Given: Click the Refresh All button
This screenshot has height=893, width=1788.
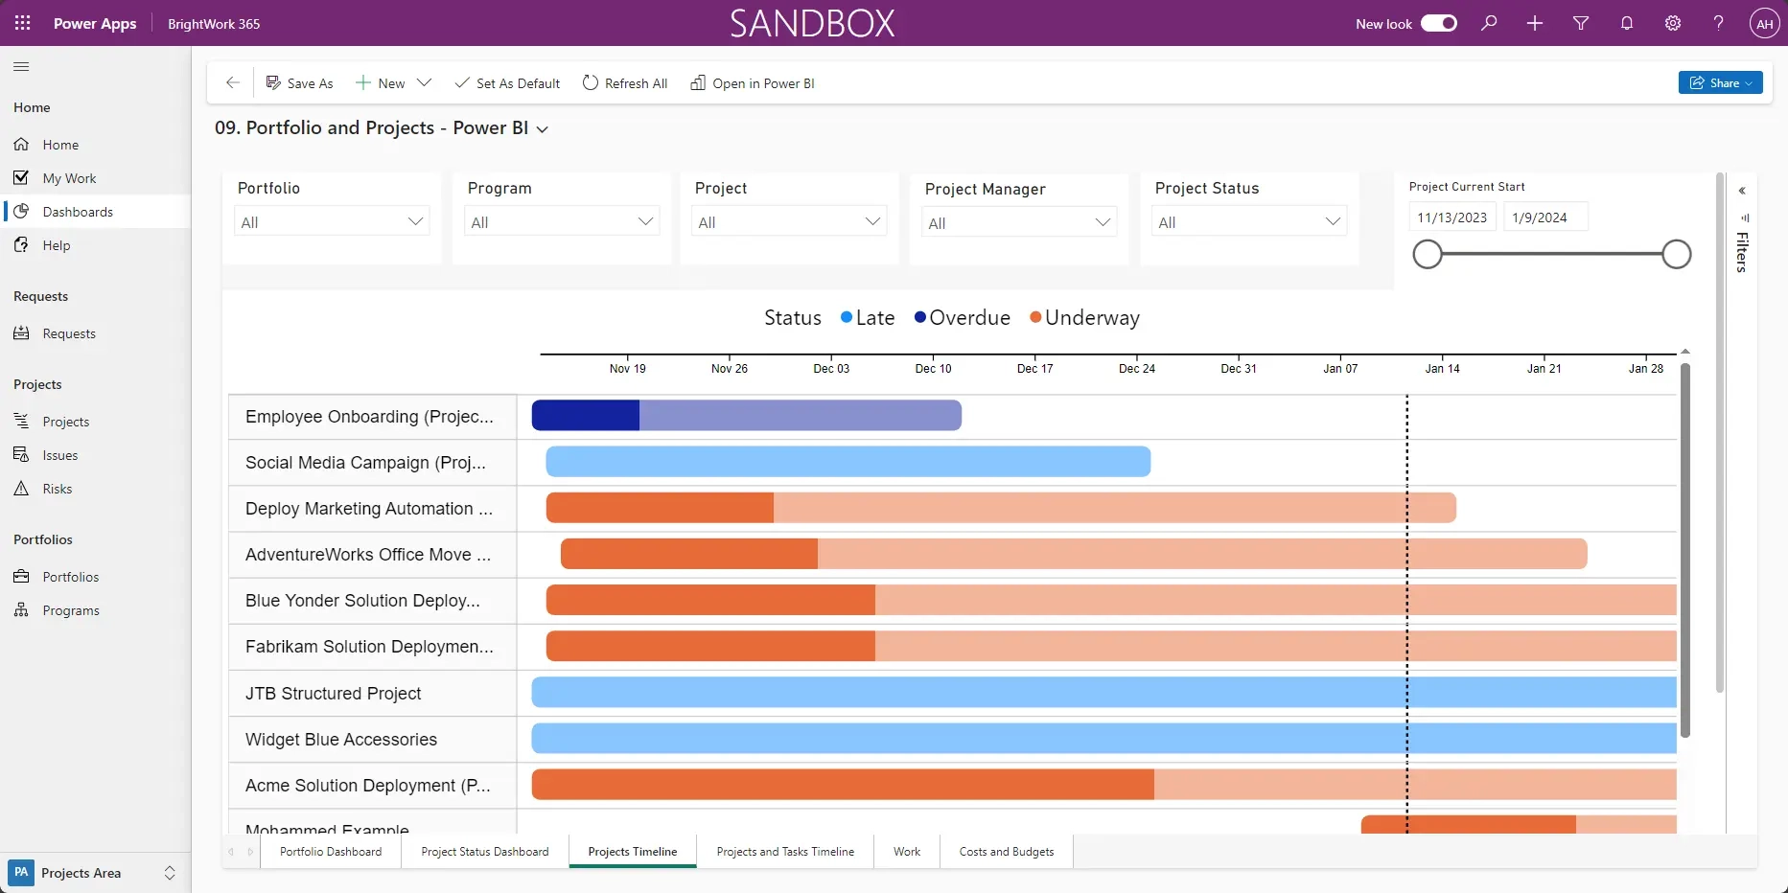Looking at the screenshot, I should coord(625,83).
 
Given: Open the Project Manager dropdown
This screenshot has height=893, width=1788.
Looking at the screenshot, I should coord(1019,223).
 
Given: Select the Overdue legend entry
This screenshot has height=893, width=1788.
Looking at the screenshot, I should coord(962,318).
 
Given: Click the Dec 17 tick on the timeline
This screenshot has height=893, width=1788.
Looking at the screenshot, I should coord(1034,367).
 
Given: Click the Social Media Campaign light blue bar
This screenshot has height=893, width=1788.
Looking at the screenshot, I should coord(848,462).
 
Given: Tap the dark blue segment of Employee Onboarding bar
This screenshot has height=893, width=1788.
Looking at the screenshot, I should coord(585,416).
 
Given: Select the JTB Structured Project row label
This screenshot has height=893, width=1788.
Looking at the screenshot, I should coord(333,694).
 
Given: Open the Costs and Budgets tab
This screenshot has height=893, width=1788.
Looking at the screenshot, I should coord(1006,852).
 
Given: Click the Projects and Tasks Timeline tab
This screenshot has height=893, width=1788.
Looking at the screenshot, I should coord(784,852).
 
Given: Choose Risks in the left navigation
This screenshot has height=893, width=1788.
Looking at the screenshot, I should coord(58,489).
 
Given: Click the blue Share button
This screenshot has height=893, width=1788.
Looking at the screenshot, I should coord(1719,83).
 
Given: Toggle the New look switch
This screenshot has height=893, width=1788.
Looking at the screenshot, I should coord(1438,23).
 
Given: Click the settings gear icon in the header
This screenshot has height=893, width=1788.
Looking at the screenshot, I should coord(1672,23).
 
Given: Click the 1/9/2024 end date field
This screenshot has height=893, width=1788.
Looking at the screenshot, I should coord(1544,218).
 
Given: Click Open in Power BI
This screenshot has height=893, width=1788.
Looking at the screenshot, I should coord(753,83).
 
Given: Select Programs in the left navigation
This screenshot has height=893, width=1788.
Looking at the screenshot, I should coord(70,610).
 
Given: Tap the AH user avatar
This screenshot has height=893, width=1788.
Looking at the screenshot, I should coord(1764,24).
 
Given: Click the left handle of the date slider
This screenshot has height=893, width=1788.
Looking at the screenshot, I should coord(1428,255).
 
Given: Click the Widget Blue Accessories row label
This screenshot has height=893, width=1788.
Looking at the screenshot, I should coord(340,740).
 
